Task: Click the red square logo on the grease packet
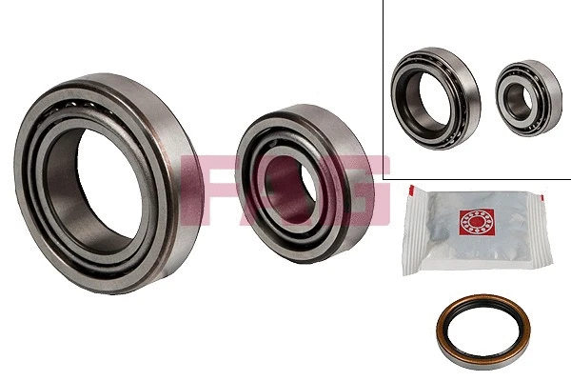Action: [477, 222]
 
